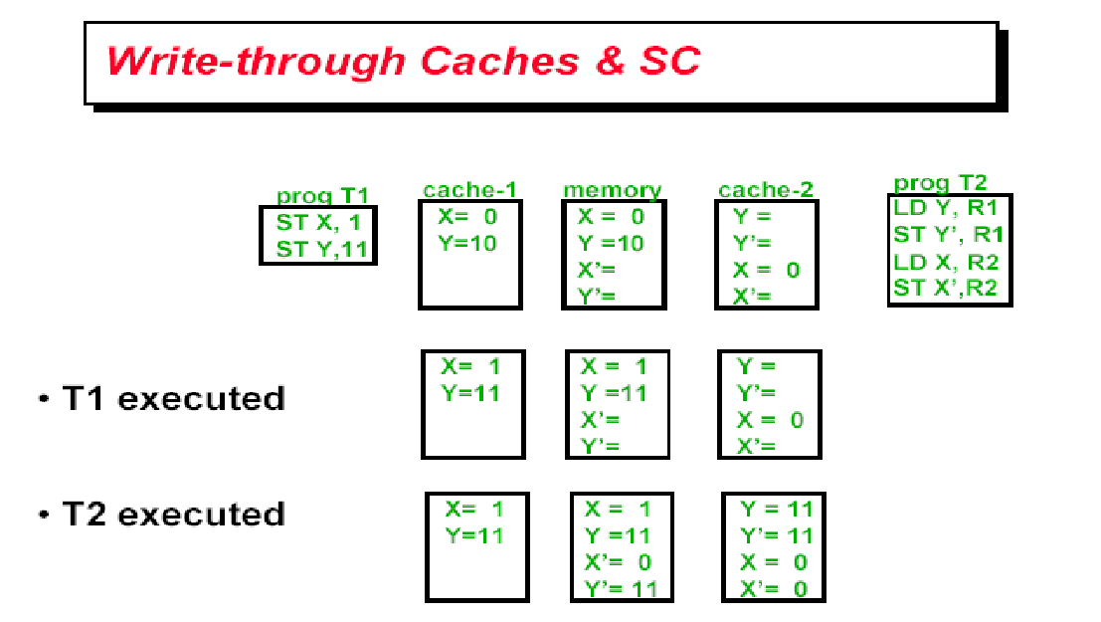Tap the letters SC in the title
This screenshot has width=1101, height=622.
[665, 62]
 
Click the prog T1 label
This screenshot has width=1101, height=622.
[322, 196]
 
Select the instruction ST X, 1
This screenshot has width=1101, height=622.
[318, 223]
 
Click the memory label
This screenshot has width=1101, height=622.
[612, 190]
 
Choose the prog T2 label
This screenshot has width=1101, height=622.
[940, 183]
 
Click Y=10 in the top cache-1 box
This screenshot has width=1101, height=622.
[467, 242]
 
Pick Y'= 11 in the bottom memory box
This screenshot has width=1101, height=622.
[620, 588]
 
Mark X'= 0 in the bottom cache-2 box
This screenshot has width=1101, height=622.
[774, 588]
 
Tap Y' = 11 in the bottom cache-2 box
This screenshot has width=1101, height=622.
[776, 535]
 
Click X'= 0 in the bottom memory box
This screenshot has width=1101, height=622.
[618, 562]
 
